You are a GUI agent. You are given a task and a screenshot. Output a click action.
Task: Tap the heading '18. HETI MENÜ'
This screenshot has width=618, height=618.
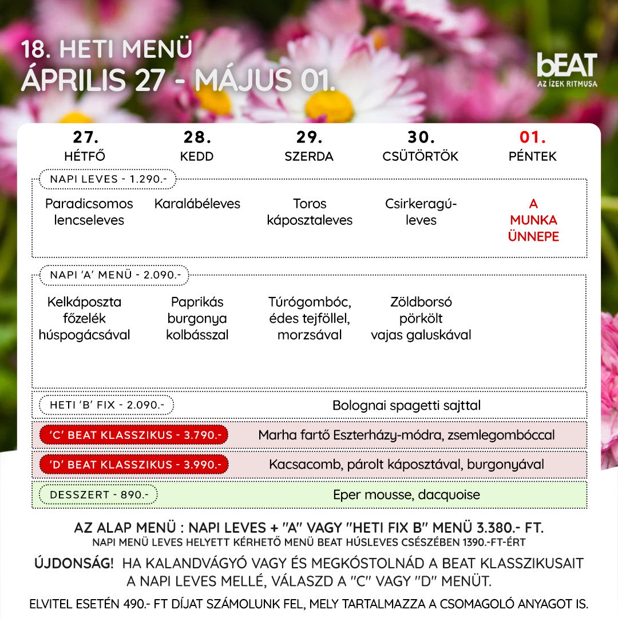[x=106, y=49]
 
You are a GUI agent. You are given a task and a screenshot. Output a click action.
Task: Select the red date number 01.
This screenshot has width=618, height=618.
[x=532, y=138]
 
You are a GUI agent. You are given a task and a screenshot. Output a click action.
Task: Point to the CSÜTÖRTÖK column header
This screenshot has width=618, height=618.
[x=421, y=156]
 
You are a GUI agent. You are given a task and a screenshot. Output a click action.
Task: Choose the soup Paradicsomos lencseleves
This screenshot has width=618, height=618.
[x=89, y=212]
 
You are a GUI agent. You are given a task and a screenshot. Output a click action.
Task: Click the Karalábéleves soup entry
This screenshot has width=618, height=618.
[x=197, y=204]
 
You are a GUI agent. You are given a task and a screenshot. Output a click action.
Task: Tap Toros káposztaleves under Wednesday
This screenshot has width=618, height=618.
[x=310, y=212]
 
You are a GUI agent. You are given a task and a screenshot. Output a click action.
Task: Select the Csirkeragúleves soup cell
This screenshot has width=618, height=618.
[x=421, y=212]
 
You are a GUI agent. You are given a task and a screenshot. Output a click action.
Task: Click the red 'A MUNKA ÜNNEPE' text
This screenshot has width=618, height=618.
[x=533, y=220]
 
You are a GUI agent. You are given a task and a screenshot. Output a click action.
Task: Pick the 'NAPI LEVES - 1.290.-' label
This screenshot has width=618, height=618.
[x=108, y=179]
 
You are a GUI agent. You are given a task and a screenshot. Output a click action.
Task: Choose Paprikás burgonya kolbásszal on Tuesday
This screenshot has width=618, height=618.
[x=197, y=318]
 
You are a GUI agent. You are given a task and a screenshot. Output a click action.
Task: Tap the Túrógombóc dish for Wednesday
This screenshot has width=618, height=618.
[x=310, y=318]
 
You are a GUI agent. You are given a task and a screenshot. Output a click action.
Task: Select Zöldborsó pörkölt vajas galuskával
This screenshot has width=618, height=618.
[x=421, y=318]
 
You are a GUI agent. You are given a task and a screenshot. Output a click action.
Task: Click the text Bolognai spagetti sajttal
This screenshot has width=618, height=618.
[x=406, y=406]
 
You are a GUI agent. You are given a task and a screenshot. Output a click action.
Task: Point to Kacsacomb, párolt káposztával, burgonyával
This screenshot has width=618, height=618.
[x=406, y=464]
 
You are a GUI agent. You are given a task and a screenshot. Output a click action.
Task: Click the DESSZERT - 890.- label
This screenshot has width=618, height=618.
[x=98, y=494]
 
